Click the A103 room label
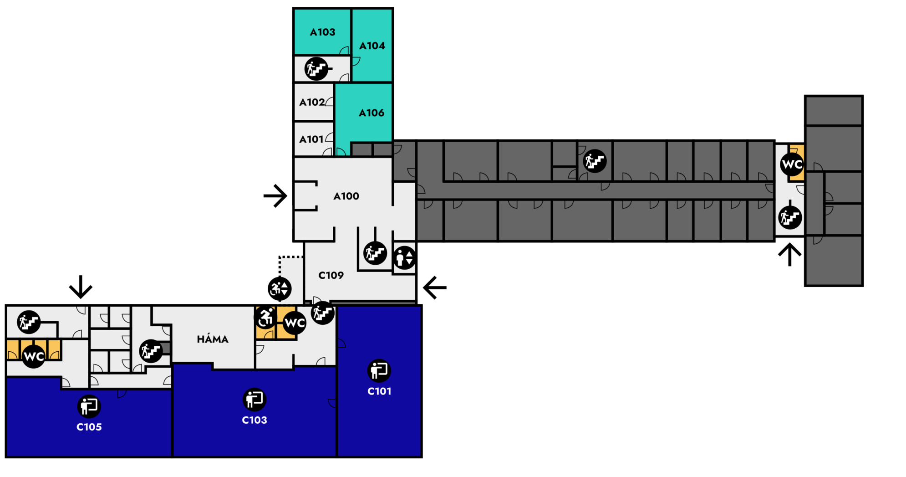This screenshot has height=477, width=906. pyautogui.click(x=322, y=32)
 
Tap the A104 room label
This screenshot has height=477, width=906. pyautogui.click(x=372, y=46)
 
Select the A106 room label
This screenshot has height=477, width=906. pyautogui.click(x=372, y=113)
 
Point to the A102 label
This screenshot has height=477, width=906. pyautogui.click(x=312, y=103)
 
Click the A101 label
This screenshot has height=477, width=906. pyautogui.click(x=311, y=139)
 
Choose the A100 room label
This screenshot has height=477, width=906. pyautogui.click(x=346, y=196)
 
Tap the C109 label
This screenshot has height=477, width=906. pyautogui.click(x=331, y=276)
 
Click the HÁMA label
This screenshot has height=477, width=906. pyautogui.click(x=213, y=339)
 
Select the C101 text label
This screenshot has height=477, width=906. pyautogui.click(x=379, y=391)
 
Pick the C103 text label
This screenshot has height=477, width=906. pyautogui.click(x=254, y=420)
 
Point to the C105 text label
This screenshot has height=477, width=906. pyautogui.click(x=89, y=427)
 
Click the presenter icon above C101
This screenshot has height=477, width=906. pyautogui.click(x=379, y=370)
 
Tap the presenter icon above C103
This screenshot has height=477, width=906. pyautogui.click(x=254, y=400)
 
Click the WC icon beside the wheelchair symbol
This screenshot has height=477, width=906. pyautogui.click(x=295, y=323)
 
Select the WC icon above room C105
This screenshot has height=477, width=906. pyautogui.click(x=34, y=356)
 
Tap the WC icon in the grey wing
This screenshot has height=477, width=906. pyautogui.click(x=792, y=164)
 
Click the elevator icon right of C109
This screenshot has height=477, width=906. pyautogui.click(x=404, y=258)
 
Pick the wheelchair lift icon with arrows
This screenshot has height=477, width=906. pyautogui.click(x=280, y=289)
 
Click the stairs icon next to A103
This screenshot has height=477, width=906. pyautogui.click(x=316, y=69)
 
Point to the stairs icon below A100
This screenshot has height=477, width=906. pyautogui.click(x=375, y=253)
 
